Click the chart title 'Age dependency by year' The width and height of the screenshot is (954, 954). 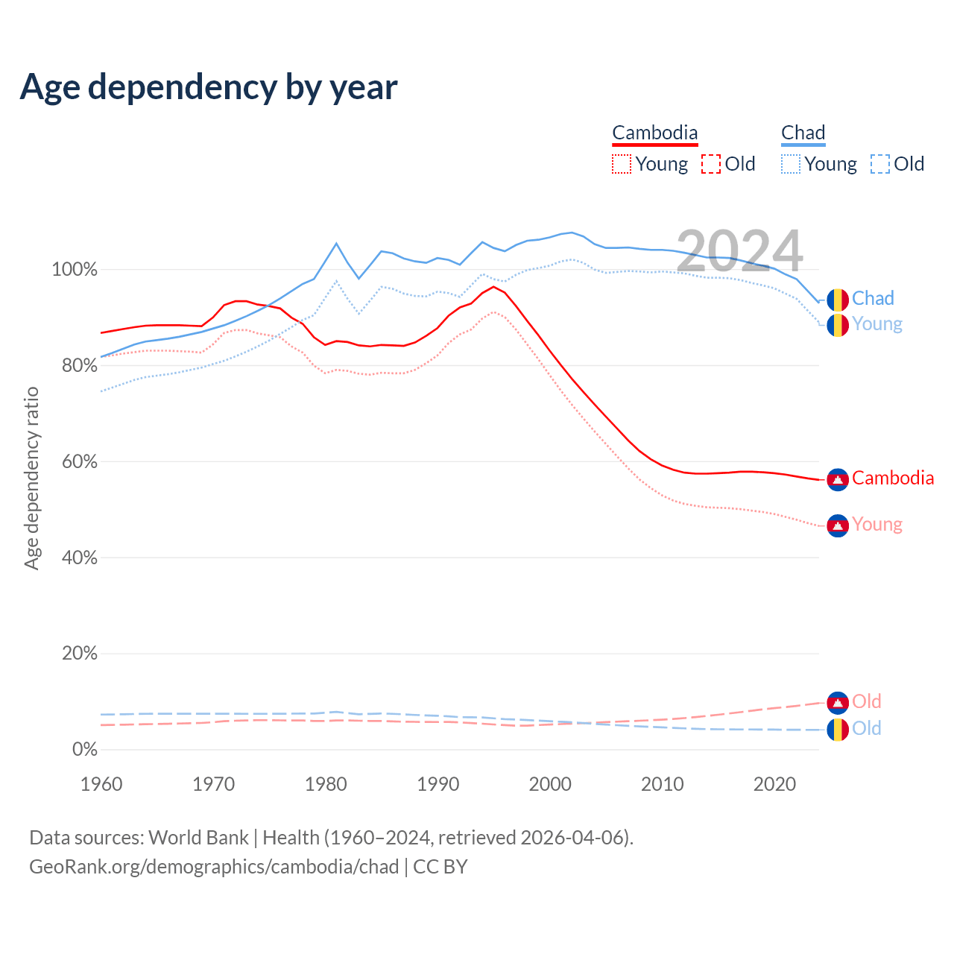point(209,87)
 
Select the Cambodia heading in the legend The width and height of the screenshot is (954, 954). point(654,133)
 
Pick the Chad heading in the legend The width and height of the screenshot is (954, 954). point(803,133)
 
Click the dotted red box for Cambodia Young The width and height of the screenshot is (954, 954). point(621,164)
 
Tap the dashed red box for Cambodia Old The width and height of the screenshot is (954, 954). point(710,164)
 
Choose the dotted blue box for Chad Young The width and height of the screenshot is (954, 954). point(790,164)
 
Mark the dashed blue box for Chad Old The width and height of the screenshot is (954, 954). point(879,164)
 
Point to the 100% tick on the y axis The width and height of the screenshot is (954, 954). point(75,270)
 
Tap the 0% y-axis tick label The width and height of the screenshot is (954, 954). point(84,750)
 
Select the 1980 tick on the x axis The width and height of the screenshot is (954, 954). point(326,784)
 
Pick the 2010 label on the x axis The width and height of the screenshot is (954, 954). point(663,784)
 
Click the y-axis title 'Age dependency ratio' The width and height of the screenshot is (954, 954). point(31,478)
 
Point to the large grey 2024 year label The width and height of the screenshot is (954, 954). point(739,251)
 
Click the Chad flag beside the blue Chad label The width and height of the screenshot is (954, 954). point(838,300)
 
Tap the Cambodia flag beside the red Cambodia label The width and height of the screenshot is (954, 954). point(838,479)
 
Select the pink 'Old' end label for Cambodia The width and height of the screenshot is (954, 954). point(867,701)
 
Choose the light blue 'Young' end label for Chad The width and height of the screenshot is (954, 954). point(876,324)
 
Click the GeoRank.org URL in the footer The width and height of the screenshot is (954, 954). point(214,867)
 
